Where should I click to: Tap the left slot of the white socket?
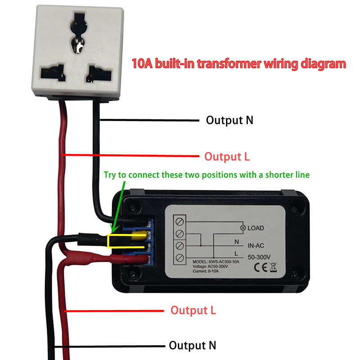(50, 72)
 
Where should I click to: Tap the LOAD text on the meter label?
(256, 228)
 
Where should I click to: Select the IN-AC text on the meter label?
(258, 246)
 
